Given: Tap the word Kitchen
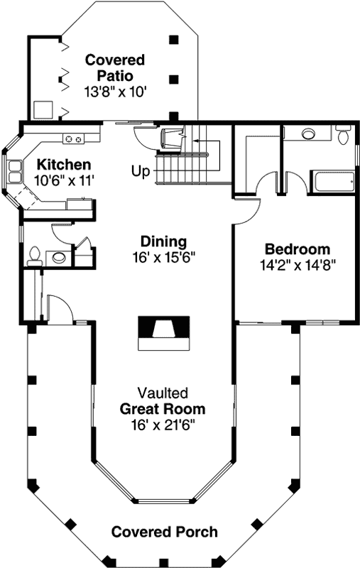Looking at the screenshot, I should coord(64,164).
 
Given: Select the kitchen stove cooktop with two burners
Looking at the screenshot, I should coord(72,138).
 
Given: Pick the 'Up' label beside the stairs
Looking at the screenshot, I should coord(140,171).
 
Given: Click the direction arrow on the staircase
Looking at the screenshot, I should coord(206,142).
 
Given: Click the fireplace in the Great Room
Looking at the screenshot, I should coord(163,331).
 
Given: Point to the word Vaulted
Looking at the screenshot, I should coord(163,393).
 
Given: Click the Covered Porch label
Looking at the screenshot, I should coord(164,532).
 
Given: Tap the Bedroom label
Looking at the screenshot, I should coord(297,249).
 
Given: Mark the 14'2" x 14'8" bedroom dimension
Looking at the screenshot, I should coord(297,265).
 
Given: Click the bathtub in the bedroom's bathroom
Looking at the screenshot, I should coord(332,182).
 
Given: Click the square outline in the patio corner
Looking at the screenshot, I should coord(43,109).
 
